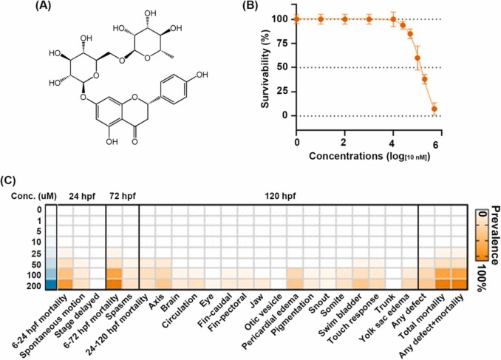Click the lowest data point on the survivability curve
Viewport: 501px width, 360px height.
(434, 109)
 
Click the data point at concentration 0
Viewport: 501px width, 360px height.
(296, 19)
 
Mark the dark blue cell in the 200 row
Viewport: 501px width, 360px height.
(49, 285)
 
